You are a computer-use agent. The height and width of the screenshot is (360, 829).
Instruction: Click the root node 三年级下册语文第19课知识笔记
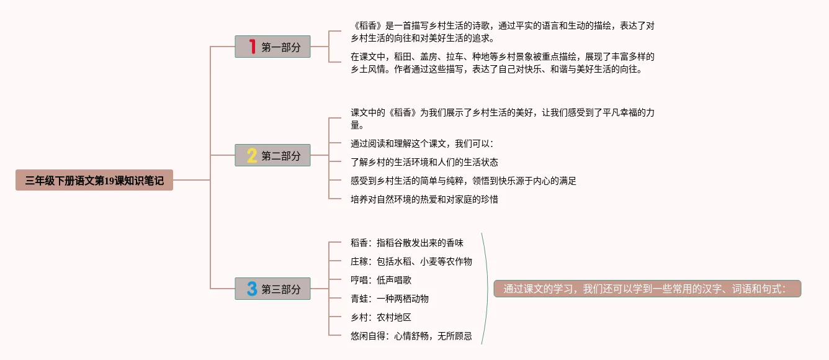pyautogui.click(x=94, y=181)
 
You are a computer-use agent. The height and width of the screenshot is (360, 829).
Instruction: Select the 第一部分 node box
pyautogui.click(x=272, y=47)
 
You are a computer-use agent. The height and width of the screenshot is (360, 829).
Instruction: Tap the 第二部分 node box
pyautogui.click(x=272, y=155)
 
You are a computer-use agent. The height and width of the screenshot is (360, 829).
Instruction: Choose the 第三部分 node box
pyautogui.click(x=272, y=289)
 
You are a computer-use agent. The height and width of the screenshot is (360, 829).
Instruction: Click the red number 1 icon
pyautogui.click(x=251, y=47)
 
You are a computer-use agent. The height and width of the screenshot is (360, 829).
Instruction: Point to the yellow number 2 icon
pyautogui.click(x=251, y=155)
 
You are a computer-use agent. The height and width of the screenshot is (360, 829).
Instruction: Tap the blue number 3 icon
pyautogui.click(x=251, y=289)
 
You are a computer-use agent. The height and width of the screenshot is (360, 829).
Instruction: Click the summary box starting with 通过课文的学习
pyautogui.click(x=647, y=289)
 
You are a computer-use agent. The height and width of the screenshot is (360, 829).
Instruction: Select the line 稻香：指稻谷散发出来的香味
pyautogui.click(x=406, y=243)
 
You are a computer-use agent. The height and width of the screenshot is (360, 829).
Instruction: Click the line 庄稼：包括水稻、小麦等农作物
pyautogui.click(x=411, y=261)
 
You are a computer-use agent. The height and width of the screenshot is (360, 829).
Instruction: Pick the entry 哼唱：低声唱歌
pyautogui.click(x=380, y=280)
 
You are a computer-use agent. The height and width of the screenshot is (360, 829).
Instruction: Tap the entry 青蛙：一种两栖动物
pyautogui.click(x=389, y=299)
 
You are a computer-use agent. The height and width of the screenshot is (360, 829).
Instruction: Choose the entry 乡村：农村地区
pyautogui.click(x=380, y=317)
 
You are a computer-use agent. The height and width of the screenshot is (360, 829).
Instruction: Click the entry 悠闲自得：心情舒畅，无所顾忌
pyautogui.click(x=411, y=336)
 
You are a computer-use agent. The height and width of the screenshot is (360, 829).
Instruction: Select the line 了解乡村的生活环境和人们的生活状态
pyautogui.click(x=424, y=163)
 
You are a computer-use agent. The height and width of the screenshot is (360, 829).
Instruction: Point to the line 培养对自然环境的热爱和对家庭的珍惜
pyautogui.click(x=424, y=200)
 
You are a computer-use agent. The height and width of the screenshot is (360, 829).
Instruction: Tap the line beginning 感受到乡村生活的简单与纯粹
pyautogui.click(x=463, y=181)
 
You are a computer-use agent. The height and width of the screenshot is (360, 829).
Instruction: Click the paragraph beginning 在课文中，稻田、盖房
pyautogui.click(x=502, y=63)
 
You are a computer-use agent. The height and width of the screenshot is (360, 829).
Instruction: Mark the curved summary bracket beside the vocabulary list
pyautogui.click(x=487, y=289)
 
